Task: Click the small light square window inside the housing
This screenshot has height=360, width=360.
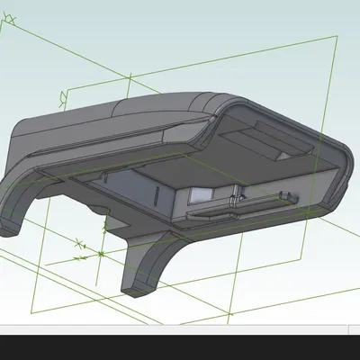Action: (198, 194)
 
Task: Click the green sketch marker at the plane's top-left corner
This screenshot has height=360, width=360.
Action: (61, 94)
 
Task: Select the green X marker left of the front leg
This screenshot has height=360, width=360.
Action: (79, 243)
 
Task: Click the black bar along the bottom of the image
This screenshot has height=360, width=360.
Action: (180, 347)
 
